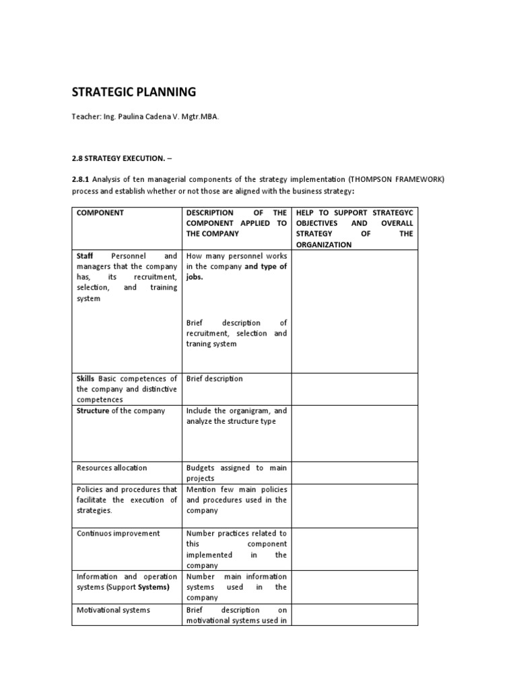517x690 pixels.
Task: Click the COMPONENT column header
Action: tap(100, 212)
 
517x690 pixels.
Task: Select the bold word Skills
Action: tap(85, 379)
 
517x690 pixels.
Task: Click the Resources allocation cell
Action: tap(112, 468)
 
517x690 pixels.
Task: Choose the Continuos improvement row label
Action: tap(118, 533)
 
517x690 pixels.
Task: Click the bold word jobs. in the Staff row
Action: tap(195, 277)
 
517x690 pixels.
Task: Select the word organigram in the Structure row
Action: tap(242, 410)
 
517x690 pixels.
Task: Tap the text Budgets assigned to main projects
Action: tap(236, 472)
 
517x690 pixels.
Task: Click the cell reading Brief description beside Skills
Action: tap(215, 379)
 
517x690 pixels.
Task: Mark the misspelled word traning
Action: tap(201, 344)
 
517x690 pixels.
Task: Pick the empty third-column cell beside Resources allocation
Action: tap(354, 472)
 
